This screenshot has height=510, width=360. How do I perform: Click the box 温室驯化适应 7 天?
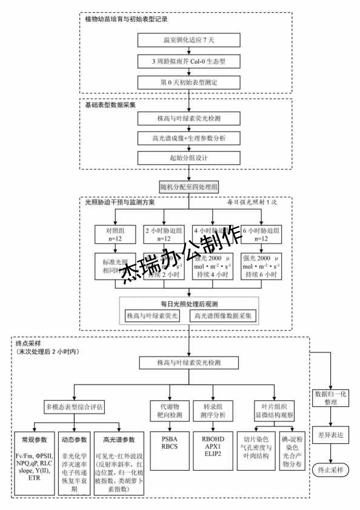[190, 41]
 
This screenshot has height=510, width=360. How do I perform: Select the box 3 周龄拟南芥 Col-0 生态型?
[190, 62]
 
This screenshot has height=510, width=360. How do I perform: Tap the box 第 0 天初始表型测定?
[190, 82]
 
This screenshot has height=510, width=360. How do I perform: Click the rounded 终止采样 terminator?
[333, 469]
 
